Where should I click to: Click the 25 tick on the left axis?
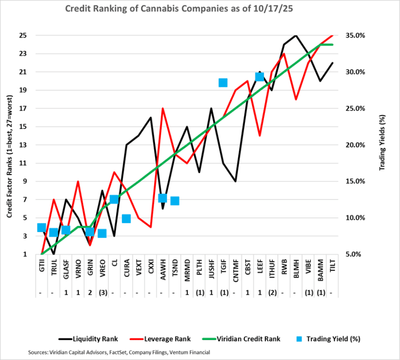coord(23,35)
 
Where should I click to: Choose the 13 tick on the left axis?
coord(23,145)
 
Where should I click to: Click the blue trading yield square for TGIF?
coord(223,82)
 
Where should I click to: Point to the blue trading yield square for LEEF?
coord(259,76)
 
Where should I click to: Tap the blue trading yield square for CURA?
coord(126,218)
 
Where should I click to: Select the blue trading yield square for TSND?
coord(175,201)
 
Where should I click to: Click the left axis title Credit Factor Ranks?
coord(9,145)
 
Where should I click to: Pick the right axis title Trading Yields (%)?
coord(383,145)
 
